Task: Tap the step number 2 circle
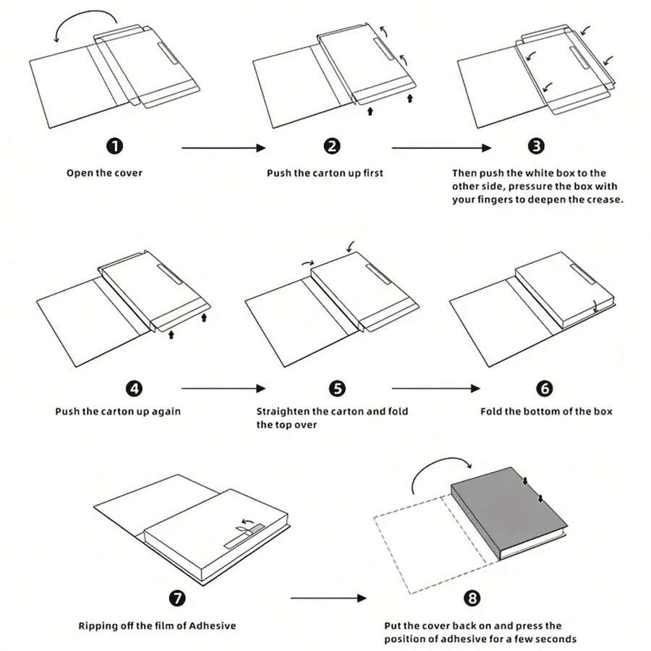[332, 146]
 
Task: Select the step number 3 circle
[536, 146]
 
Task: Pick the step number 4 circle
[134, 388]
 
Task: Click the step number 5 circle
[337, 388]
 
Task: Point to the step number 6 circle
[545, 388]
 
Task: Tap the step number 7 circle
[176, 598]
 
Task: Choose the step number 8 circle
[472, 598]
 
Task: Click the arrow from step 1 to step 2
[223, 148]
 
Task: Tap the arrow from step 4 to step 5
[223, 388]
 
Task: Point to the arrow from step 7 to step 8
[329, 599]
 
